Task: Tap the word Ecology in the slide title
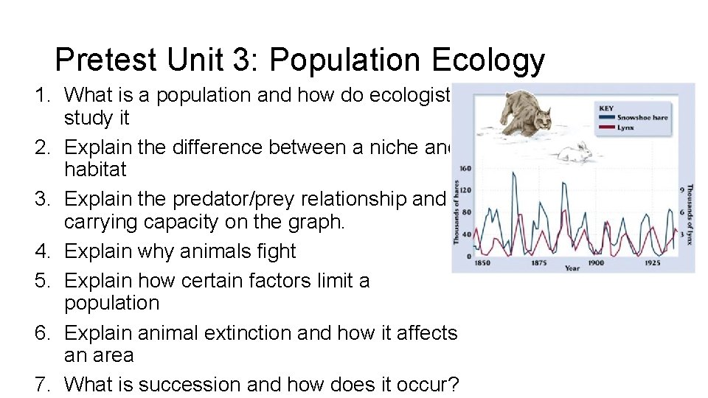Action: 487,60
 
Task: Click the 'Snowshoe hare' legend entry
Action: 642,118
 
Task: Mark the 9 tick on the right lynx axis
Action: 682,190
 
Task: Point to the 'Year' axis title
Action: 572,268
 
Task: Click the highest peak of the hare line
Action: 513,172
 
